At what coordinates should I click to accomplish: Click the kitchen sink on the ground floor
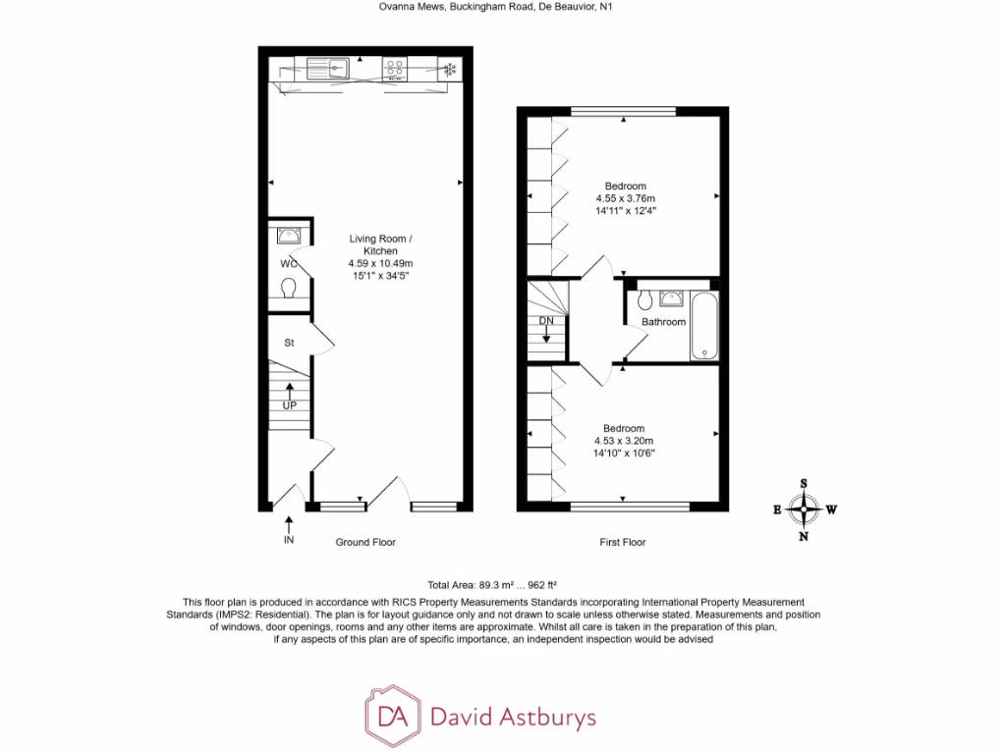(327, 68)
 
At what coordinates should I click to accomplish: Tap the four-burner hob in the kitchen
(395, 68)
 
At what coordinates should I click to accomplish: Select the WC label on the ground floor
(287, 263)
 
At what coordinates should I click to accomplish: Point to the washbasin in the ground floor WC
(289, 236)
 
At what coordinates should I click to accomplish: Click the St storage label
(289, 343)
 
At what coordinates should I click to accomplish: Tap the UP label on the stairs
(289, 404)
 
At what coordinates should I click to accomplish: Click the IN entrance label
(289, 541)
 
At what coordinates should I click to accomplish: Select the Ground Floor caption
(365, 542)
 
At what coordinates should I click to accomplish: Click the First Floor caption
(623, 542)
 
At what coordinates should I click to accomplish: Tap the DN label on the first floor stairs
(546, 321)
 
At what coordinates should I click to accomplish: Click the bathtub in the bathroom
(703, 325)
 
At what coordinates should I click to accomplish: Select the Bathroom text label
(663, 322)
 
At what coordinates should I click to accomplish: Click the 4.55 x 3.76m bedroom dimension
(625, 198)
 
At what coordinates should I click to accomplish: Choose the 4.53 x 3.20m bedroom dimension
(624, 441)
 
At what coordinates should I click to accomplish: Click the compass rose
(804, 509)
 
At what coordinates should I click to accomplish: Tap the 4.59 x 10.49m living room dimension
(380, 263)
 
